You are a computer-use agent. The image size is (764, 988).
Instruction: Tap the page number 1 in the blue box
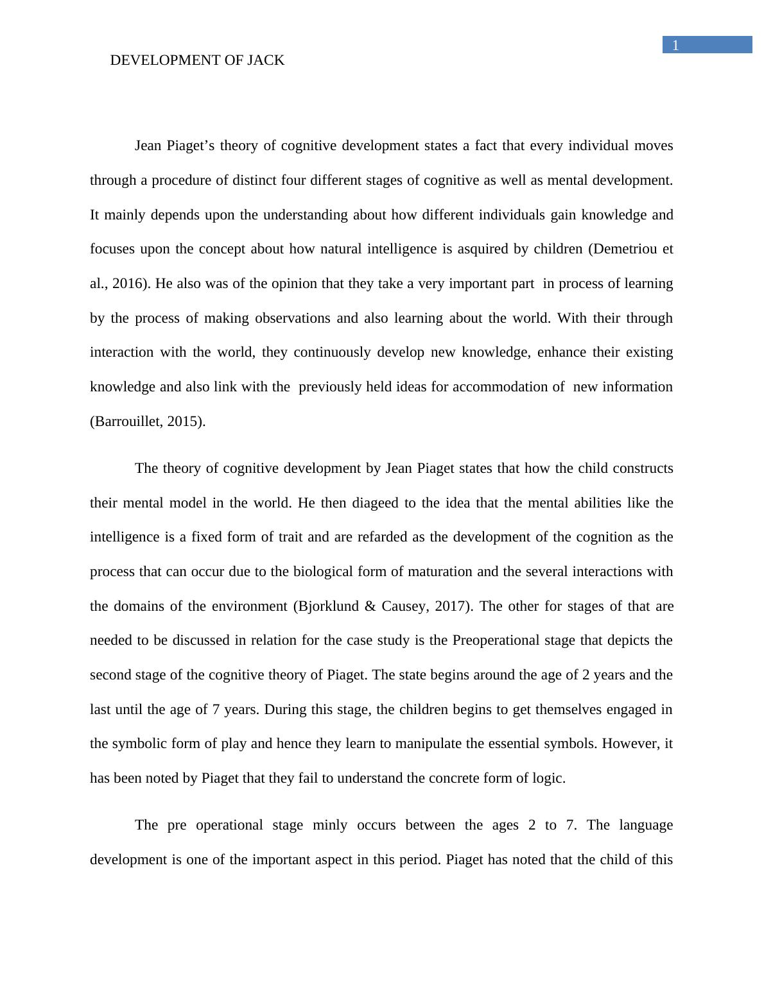click(x=675, y=45)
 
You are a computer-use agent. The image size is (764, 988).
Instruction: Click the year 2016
click(x=131, y=284)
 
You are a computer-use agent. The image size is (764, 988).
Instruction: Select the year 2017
click(x=451, y=606)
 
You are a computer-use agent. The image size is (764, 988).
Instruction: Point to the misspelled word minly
click(x=330, y=825)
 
